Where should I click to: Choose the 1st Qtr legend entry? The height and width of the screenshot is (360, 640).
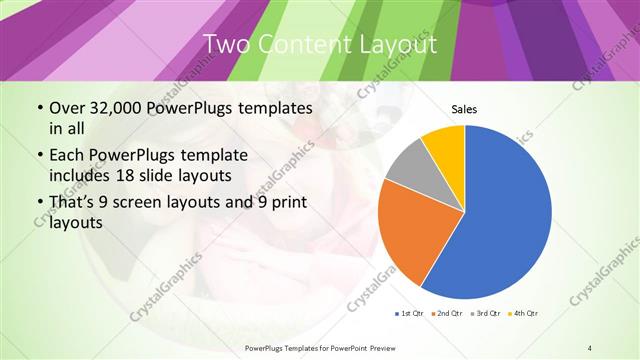click(x=410, y=314)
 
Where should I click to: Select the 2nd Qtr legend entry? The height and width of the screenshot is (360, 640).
click(x=446, y=314)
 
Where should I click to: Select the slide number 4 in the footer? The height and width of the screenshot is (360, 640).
click(x=590, y=347)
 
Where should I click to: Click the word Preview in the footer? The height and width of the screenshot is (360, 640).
click(x=396, y=347)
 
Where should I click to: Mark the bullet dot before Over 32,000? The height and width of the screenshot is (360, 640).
click(x=39, y=109)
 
